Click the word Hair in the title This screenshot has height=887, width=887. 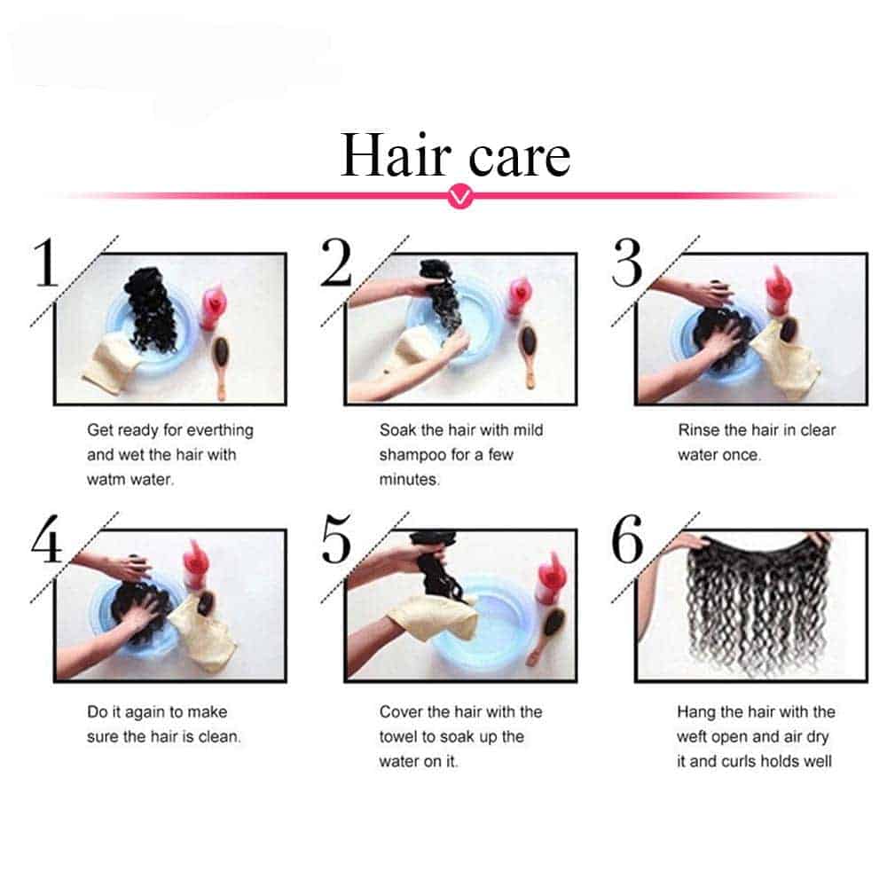click(x=396, y=155)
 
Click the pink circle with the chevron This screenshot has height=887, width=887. click(x=460, y=196)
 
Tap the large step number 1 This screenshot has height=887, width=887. click(x=45, y=263)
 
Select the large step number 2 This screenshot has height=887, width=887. click(x=336, y=263)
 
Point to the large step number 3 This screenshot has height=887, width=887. click(x=627, y=263)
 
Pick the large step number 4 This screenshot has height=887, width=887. click(x=46, y=539)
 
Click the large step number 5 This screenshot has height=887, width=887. click(x=336, y=539)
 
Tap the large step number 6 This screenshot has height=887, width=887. click(x=627, y=539)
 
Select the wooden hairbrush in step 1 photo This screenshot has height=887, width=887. click(x=220, y=365)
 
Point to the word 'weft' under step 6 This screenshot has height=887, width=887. click(x=691, y=736)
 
